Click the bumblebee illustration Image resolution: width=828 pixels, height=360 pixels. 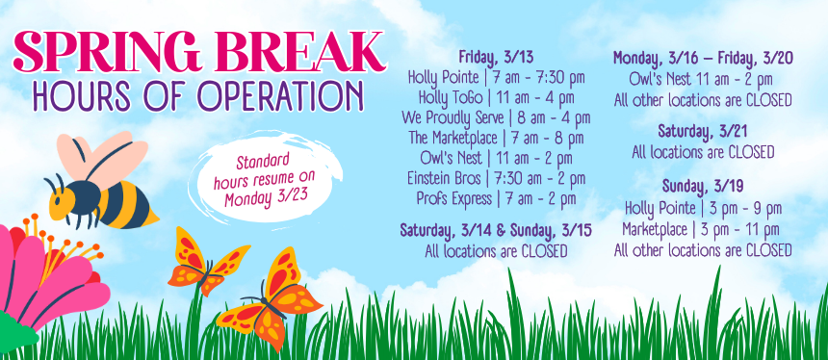point(101,182)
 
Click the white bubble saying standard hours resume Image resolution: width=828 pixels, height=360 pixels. point(266,177)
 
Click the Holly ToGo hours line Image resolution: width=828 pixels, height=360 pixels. point(497,98)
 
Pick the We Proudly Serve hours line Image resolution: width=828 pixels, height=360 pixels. point(496,117)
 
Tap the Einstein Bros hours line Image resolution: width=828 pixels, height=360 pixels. point(496,178)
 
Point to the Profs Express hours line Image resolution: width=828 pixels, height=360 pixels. point(496,198)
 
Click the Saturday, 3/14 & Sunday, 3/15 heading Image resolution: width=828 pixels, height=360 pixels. point(496,231)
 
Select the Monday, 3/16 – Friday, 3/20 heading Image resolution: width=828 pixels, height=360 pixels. point(703,58)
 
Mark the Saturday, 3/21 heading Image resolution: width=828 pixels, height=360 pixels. point(703,131)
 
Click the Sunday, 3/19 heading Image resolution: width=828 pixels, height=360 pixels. point(703,187)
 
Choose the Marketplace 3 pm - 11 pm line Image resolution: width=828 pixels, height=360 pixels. point(701,230)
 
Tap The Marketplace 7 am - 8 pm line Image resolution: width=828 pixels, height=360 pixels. point(496,139)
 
